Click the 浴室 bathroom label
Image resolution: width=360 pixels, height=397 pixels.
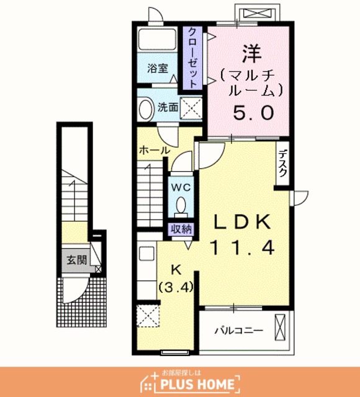pos(158,68)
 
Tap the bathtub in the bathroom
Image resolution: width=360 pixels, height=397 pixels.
pos(157,40)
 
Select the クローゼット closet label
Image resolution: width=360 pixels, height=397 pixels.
pos(192,58)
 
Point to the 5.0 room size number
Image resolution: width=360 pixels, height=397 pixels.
pos(254,113)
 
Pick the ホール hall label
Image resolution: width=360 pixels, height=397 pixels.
pos(155,150)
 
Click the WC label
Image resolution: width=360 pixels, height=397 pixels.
pos(181,187)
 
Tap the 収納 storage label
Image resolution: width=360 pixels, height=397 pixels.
pos(181,230)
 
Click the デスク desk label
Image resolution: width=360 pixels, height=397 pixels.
pos(282,163)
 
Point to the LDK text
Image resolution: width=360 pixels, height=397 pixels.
pos(241,221)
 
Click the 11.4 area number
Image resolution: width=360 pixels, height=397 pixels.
pos(242,248)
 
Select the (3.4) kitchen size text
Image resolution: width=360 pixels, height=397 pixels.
pos(176,287)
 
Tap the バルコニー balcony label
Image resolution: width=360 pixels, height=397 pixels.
pos(239,331)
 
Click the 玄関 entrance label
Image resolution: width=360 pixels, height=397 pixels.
pos(77,260)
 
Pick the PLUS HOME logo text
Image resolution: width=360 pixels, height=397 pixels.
pos(197,384)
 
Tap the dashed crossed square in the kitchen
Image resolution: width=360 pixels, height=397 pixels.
pos(148,316)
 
